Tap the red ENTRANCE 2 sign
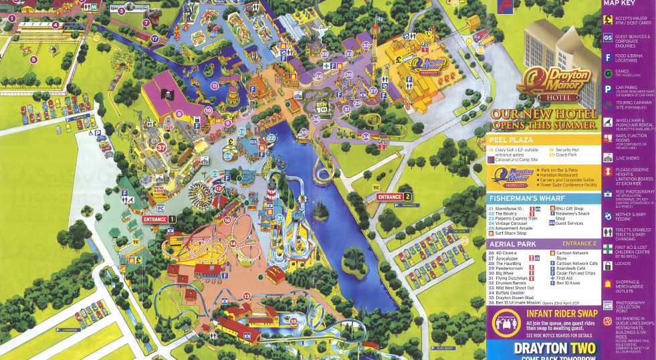(x=394, y=197)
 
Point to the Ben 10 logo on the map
(x=321, y=105)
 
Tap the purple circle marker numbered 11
(x=215, y=86)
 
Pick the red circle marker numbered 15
(x=293, y=322)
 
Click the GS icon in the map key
(x=607, y=38)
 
